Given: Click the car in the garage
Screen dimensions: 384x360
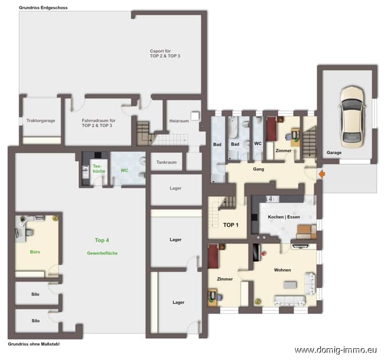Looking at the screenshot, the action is pyautogui.click(x=352, y=117).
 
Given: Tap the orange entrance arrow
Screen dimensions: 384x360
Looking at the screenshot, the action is pyautogui.click(x=322, y=174).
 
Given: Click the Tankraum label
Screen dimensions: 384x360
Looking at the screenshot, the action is pyautogui.click(x=167, y=162).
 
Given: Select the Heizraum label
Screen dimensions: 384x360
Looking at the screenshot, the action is pyautogui.click(x=179, y=121).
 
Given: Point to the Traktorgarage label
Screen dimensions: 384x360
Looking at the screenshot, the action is pyautogui.click(x=41, y=120).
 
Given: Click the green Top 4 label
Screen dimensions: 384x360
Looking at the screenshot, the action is pyautogui.click(x=102, y=240).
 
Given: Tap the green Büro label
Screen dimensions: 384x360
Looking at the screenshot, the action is pyautogui.click(x=35, y=252).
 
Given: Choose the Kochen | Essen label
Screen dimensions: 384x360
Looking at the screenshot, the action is pyautogui.click(x=284, y=217).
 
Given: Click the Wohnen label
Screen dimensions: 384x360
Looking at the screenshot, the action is pyautogui.click(x=282, y=270).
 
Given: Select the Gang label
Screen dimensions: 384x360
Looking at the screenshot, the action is pyautogui.click(x=258, y=169).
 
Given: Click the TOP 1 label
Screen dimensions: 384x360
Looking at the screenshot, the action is pyautogui.click(x=230, y=225).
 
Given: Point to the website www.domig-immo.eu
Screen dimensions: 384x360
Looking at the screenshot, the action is pyautogui.click(x=336, y=350).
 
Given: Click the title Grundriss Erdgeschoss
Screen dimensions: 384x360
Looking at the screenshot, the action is pyautogui.click(x=43, y=8).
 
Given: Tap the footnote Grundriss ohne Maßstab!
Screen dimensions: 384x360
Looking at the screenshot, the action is pyautogui.click(x=34, y=344).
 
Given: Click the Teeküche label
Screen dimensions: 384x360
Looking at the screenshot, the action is pyautogui.click(x=99, y=169).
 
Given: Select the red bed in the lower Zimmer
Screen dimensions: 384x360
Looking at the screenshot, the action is pyautogui.click(x=213, y=256).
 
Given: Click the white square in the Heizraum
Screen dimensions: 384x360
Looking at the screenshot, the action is pyautogui.click(x=195, y=116).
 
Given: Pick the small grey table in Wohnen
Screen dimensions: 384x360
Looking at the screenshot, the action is pyautogui.click(x=290, y=284).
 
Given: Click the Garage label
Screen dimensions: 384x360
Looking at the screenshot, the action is pyautogui.click(x=334, y=153).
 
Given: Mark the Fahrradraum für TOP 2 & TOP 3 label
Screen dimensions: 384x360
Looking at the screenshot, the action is pyautogui.click(x=99, y=123).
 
